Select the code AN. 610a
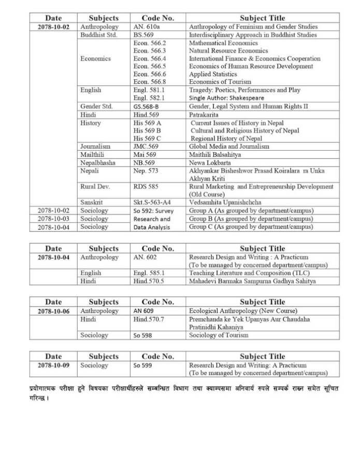146,27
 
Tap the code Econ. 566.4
150,59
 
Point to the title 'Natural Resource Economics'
228,51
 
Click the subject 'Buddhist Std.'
98,35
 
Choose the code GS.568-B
149,107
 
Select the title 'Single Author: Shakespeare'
226,98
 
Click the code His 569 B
147,131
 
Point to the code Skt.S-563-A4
154,202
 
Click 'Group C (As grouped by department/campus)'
251,227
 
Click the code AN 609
143,311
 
